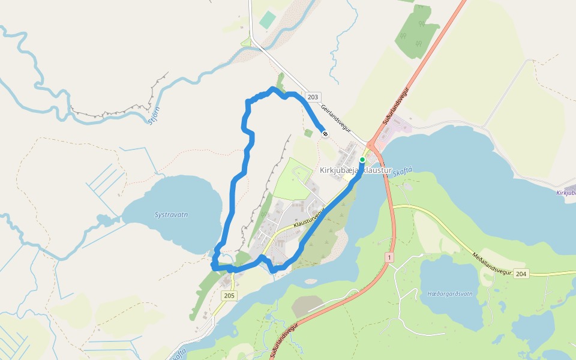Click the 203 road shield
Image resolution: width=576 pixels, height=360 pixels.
(313, 97)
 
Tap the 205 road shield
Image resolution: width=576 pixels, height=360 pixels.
(229, 295)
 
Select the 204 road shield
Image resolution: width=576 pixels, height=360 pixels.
(521, 274)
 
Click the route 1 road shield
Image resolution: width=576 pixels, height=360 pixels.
(389, 257)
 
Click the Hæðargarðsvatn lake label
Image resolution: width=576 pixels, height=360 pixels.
(450, 294)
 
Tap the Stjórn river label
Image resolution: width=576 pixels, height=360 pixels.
(154, 114)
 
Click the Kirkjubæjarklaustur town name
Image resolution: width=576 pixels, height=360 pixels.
(355, 170)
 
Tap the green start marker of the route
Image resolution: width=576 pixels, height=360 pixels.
(362, 160)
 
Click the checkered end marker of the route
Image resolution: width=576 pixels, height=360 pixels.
(325, 133)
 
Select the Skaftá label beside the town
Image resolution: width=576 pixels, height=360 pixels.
(403, 171)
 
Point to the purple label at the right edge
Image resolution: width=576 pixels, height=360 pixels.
(566, 193)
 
